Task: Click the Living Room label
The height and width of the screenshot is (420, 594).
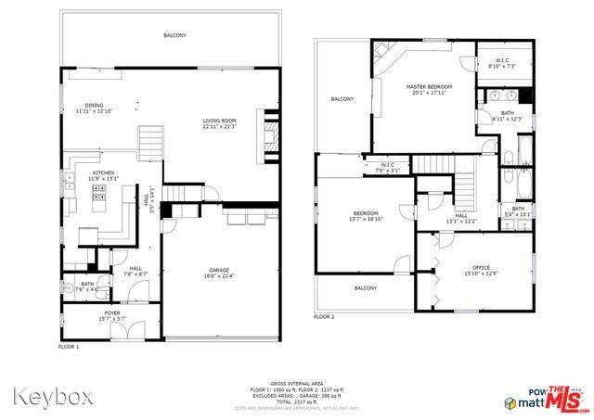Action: (x=219, y=121)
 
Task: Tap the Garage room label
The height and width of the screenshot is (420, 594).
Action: (x=219, y=270)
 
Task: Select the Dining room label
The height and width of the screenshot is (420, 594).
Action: (x=94, y=105)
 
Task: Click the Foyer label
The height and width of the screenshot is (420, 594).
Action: (x=111, y=313)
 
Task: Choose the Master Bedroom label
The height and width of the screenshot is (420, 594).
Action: (x=427, y=87)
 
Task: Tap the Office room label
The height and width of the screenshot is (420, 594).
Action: (x=481, y=267)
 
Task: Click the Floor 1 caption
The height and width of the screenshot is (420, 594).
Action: (x=70, y=346)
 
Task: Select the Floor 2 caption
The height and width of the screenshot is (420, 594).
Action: (x=323, y=316)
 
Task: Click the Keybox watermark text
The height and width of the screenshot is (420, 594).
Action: (x=53, y=396)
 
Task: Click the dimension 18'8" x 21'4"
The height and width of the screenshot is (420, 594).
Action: (x=219, y=275)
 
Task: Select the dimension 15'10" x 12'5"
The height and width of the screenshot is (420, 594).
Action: (x=481, y=273)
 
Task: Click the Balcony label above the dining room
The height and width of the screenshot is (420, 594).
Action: (x=174, y=35)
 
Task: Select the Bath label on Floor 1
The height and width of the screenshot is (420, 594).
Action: (x=86, y=284)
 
